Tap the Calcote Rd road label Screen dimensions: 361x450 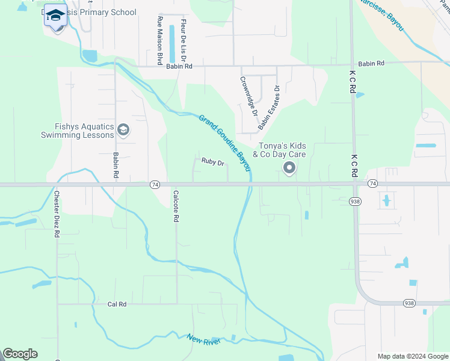pyautogui.click(x=176, y=207)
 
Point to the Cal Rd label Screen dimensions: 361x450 pyautogui.click(x=117, y=304)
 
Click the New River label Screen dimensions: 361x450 pyautogui.click(x=203, y=340)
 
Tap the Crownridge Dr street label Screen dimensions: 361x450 pyautogui.click(x=248, y=96)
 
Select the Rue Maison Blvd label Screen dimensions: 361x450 pyautogui.click(x=160, y=41)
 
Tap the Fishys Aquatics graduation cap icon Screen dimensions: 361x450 pyautogui.click(x=123, y=130)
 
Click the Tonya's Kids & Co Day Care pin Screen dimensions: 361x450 pyautogui.click(x=289, y=168)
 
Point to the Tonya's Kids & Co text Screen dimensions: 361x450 pyautogui.click(x=282, y=150)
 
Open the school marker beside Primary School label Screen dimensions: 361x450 pyautogui.click(x=55, y=16)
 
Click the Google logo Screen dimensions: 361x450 pyautogui.click(x=20, y=354)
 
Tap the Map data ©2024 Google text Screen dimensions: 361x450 pyautogui.click(x=412, y=356)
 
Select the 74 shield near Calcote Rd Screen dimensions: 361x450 pyautogui.click(x=155, y=184)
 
